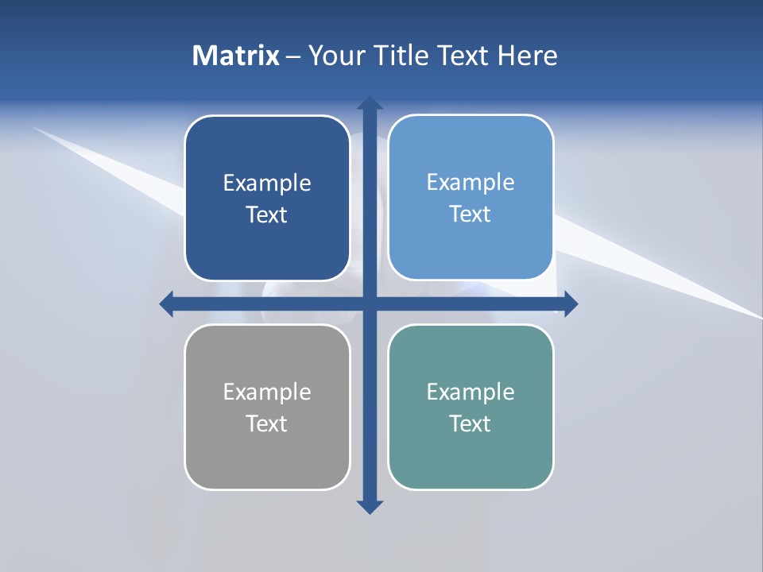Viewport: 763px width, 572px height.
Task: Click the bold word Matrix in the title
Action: point(236,56)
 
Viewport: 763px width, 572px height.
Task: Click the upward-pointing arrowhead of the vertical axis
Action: point(370,103)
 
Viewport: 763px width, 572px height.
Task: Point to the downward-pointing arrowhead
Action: point(370,506)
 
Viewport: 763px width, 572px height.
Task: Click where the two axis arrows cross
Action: point(370,303)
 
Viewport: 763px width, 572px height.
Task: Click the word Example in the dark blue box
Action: point(267,184)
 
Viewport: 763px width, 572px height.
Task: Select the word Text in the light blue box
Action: point(471,214)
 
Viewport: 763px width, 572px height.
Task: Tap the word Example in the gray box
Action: point(267,392)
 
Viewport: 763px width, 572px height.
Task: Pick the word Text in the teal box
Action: point(471,423)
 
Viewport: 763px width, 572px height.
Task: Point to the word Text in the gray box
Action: point(267,423)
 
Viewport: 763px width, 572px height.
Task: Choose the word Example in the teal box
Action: point(471,392)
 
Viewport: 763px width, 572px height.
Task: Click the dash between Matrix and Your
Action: point(293,56)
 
